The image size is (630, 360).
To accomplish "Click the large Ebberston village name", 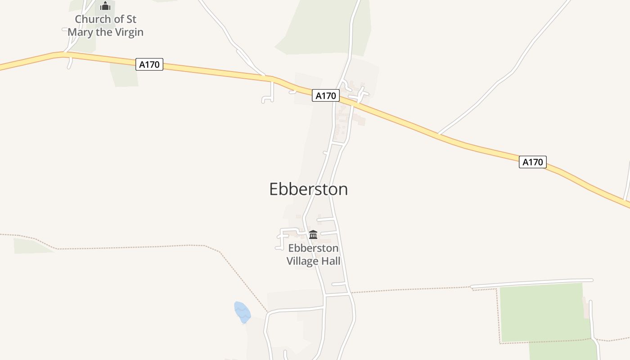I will tap(308, 189).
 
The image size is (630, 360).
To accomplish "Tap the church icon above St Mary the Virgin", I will tap(105, 6).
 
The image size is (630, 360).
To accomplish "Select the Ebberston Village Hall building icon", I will tap(313, 234).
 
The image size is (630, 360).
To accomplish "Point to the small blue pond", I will tap(242, 312).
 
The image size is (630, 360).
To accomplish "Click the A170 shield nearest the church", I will tap(149, 64).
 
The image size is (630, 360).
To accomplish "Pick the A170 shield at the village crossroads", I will tap(326, 95).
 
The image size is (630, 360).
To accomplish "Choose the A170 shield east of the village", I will tap(533, 162).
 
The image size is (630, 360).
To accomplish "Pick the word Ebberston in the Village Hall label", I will tap(313, 248).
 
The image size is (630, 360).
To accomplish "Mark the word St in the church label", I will tap(131, 19).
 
